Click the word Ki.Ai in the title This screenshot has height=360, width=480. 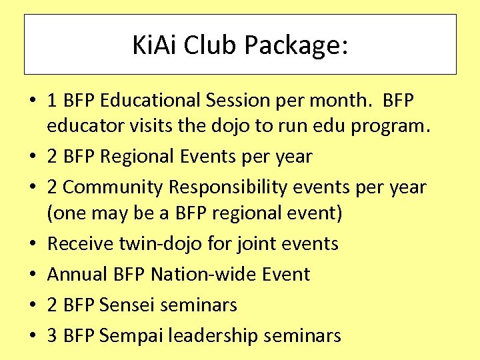click(x=155, y=45)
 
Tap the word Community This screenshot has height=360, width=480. click(x=113, y=187)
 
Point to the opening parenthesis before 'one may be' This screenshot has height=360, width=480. click(x=50, y=213)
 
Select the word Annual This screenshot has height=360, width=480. click(x=73, y=274)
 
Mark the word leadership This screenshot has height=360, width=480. click(x=212, y=335)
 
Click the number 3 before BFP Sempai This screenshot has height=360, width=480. click(x=52, y=335)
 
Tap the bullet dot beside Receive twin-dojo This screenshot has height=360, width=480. click(x=31, y=244)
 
